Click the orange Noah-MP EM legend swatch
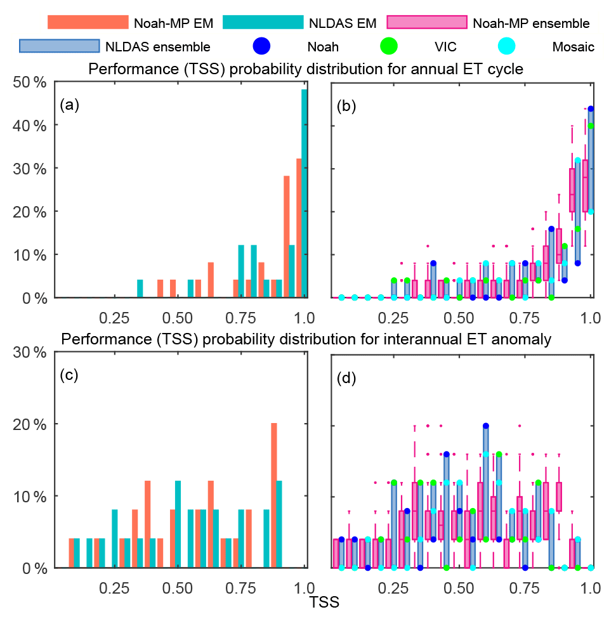point(88,22)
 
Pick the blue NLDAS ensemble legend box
point(60,46)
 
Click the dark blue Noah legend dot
point(261,46)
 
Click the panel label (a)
point(69,105)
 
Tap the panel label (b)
point(346,105)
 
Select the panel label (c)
point(69,375)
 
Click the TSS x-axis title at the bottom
point(324,603)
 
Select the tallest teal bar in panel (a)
point(305,190)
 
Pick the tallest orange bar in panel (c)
point(274,495)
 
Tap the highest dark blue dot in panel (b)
point(591,108)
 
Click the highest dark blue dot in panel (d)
point(486,426)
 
